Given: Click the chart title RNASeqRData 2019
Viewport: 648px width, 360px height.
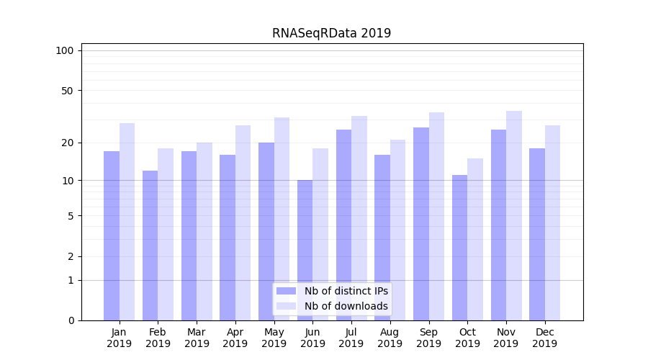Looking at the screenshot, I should coord(331,33).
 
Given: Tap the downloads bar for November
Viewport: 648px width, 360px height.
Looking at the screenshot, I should coord(514,215).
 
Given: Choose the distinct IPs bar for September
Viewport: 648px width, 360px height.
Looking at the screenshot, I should coord(421,224).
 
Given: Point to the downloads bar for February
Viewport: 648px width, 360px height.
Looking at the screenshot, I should coord(166,234).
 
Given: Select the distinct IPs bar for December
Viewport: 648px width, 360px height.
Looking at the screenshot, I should coord(537,234).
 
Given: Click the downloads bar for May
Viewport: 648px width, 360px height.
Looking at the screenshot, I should coord(282,219).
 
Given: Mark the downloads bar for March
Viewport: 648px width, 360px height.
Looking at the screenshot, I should coord(204,231).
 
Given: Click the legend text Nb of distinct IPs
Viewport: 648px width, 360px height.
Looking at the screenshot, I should coord(346,291).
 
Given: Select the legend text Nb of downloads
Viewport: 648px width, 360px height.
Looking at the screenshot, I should coord(346,306).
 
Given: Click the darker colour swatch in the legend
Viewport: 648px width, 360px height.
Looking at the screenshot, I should coord(287,291).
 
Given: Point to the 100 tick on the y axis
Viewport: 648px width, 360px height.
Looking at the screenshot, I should coord(65,50).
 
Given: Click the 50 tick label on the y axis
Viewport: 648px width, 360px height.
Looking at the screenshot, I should coord(68,91).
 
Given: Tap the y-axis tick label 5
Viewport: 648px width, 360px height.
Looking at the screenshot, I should coord(71,216).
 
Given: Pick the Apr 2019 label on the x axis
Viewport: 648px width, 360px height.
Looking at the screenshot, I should coord(235,338).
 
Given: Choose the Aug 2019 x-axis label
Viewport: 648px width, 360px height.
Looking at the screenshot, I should coord(390,338).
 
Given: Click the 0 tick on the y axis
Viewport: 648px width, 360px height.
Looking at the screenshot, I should coord(71,320).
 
